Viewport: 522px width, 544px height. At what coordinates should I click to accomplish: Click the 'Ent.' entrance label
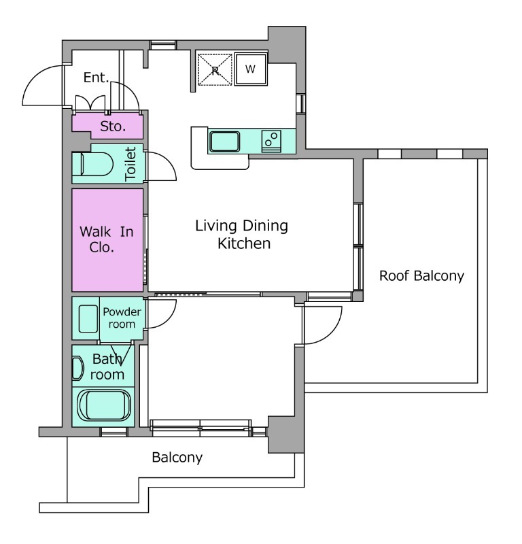(96, 78)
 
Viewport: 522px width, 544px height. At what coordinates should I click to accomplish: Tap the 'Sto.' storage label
(113, 126)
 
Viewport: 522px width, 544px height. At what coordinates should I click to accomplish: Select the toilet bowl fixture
(92, 164)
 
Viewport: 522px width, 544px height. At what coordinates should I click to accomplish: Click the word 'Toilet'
(130, 164)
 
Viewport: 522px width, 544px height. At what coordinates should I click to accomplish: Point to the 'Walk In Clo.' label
(107, 239)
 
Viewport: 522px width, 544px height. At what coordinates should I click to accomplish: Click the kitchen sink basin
(224, 141)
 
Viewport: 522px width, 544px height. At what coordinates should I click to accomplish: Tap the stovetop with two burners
(271, 141)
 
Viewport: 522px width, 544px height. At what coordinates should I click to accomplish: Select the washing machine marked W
(251, 69)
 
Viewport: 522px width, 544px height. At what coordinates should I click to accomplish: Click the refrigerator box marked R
(215, 70)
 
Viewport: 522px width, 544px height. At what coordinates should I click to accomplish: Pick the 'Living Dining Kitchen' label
(242, 235)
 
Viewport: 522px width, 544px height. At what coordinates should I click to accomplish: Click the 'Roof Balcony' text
(421, 276)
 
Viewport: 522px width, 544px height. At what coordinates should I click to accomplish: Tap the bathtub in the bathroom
(104, 405)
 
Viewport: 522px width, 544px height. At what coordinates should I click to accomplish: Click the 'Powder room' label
(122, 318)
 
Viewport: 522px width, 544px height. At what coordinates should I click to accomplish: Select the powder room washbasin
(88, 319)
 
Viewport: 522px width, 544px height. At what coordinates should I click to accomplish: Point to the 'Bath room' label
(107, 367)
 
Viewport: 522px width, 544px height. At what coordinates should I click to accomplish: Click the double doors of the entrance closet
(90, 103)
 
